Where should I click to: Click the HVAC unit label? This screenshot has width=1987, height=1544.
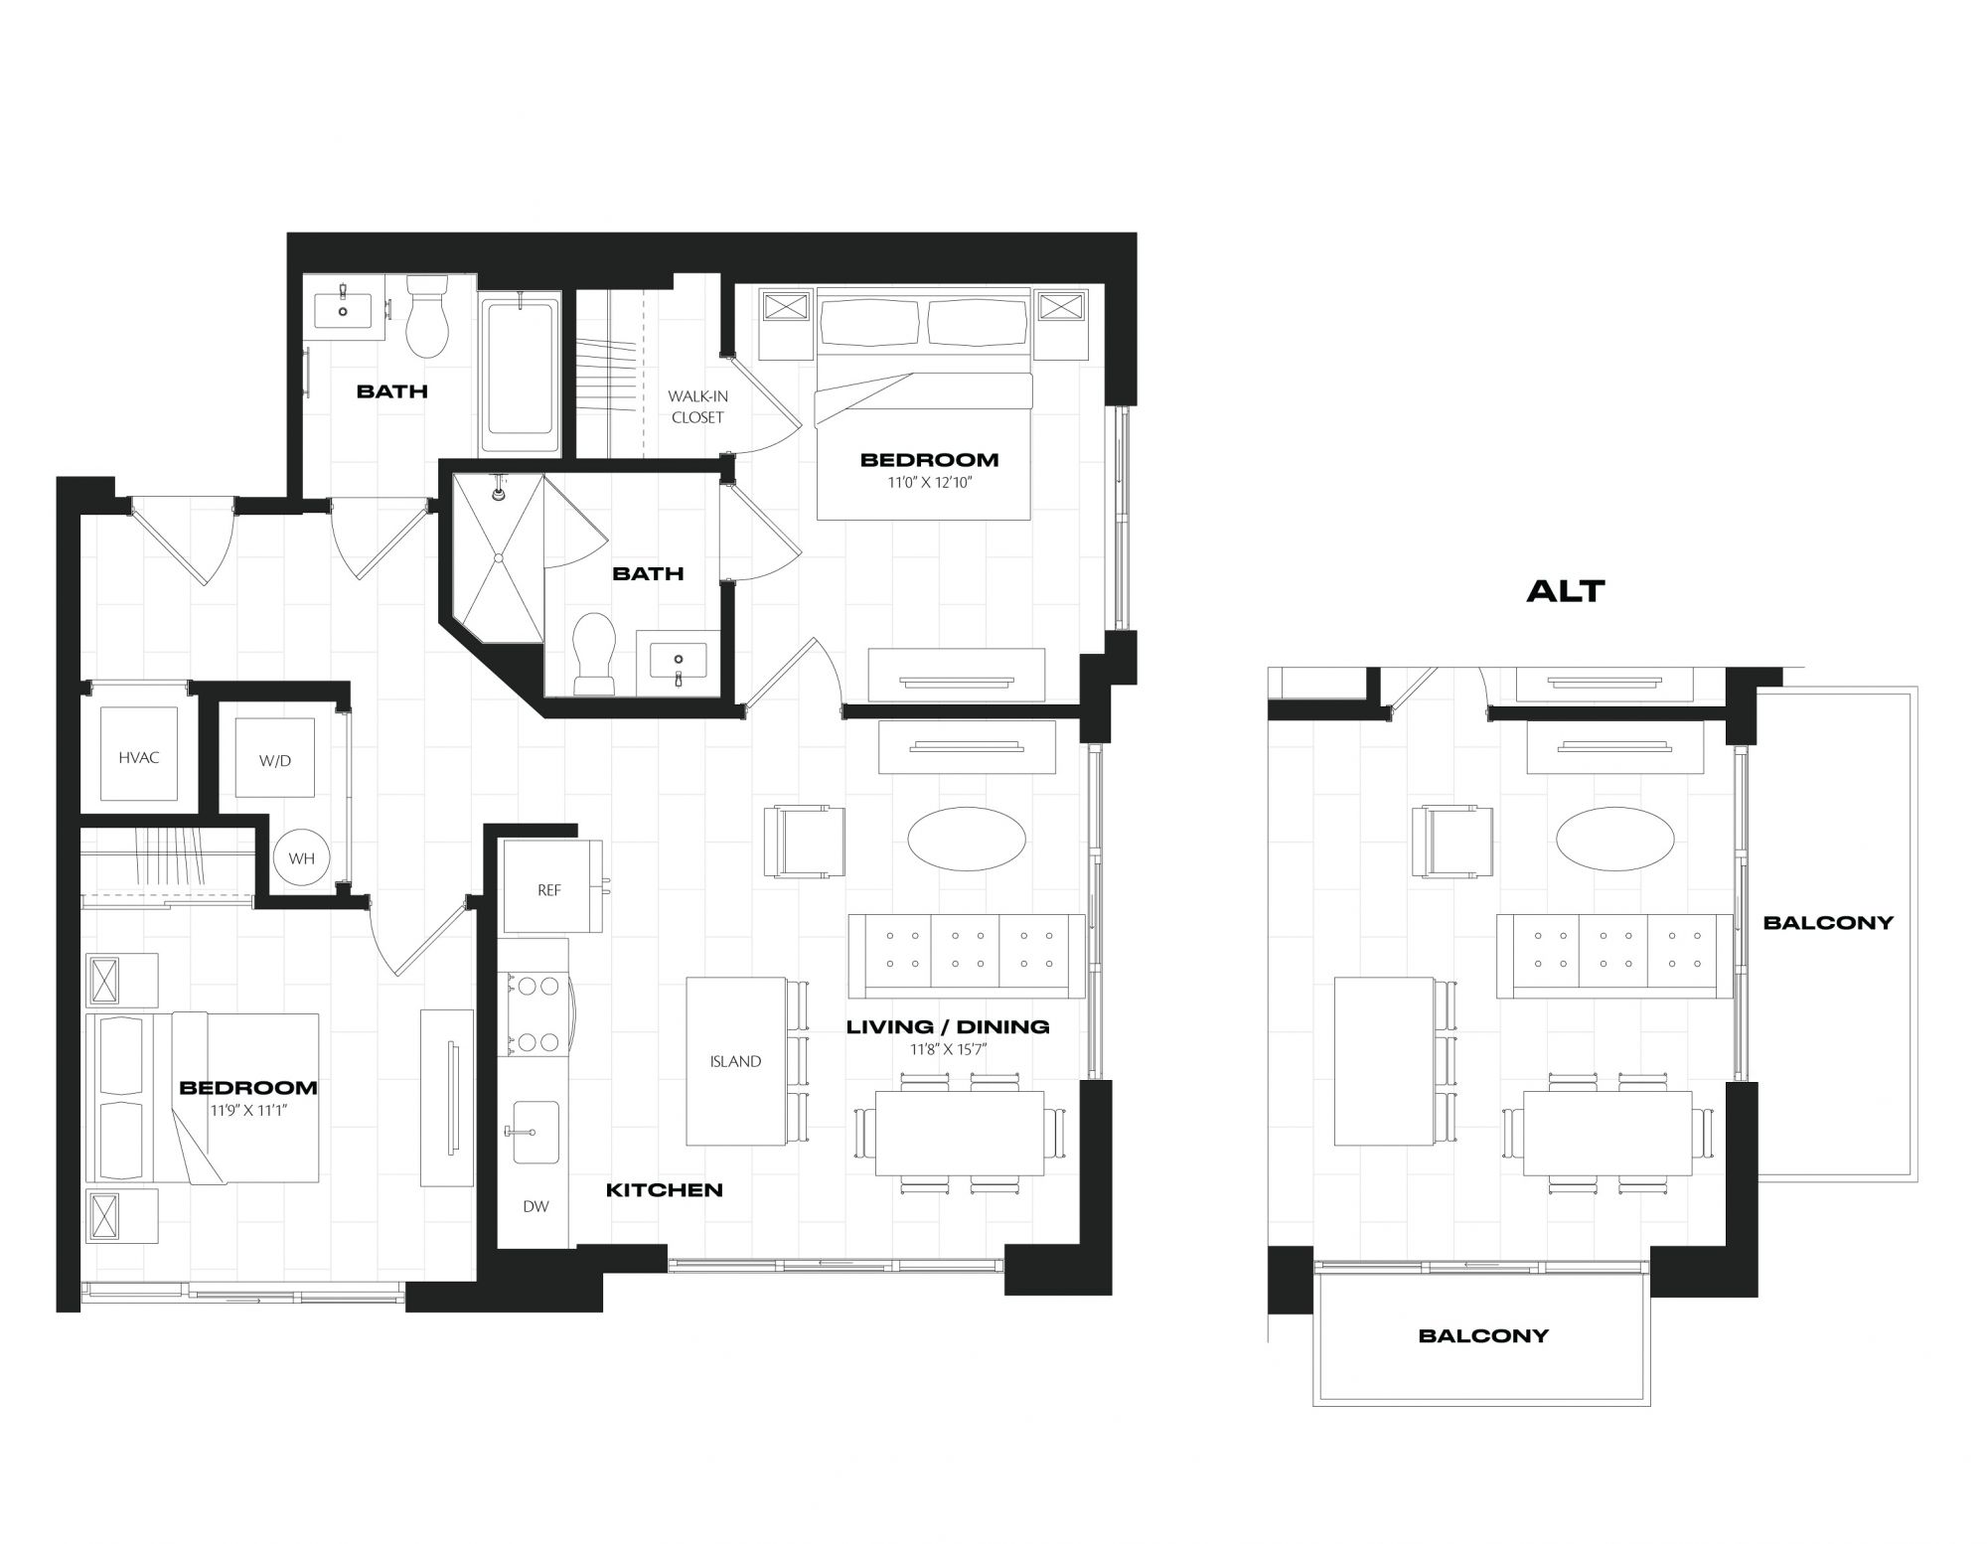tap(139, 758)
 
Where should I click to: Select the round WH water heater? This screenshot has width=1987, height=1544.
tap(301, 857)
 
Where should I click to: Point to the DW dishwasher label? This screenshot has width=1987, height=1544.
tap(535, 1206)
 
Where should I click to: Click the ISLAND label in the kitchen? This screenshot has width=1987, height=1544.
tap(735, 1061)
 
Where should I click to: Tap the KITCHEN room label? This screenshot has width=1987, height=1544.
tap(665, 1189)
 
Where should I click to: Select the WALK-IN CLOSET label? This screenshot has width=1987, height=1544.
tap(697, 407)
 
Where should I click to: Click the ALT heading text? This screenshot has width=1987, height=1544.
tap(1566, 591)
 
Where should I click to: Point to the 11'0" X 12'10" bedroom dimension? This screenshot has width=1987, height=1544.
tap(929, 483)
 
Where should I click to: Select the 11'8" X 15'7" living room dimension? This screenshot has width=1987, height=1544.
tap(948, 1048)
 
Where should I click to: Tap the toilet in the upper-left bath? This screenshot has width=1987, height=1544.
tap(428, 316)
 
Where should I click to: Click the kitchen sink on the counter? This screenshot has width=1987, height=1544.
tap(535, 1132)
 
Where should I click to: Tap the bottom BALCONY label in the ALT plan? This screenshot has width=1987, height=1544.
tap(1483, 1335)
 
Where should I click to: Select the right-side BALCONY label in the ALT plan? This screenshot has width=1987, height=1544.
tap(1828, 922)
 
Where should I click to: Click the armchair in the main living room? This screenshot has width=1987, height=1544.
tap(805, 842)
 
